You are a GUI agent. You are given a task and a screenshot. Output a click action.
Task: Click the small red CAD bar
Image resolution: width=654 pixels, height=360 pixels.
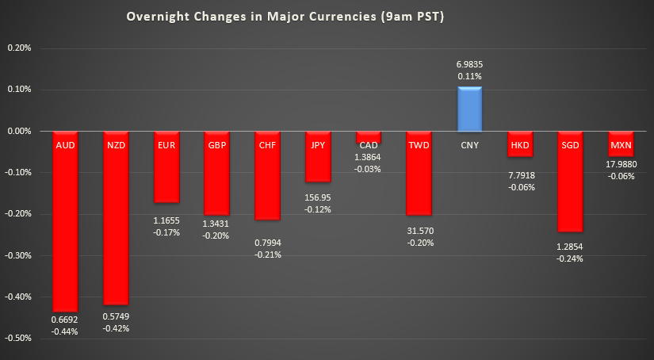tap(368, 137)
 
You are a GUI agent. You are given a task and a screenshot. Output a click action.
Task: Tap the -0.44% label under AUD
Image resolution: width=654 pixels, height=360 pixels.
tap(65, 331)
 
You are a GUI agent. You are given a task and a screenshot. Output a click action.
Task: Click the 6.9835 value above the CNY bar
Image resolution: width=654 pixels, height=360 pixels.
tap(469, 63)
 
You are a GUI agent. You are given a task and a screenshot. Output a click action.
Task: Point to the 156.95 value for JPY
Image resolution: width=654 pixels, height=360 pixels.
tap(318, 197)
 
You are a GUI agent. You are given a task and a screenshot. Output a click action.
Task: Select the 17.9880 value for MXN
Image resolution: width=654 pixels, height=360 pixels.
tap(621, 165)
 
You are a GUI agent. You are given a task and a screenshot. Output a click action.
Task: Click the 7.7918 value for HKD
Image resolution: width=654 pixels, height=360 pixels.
tap(520, 174)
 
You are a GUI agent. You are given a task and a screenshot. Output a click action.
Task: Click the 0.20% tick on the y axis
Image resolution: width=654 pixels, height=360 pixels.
tap(18, 48)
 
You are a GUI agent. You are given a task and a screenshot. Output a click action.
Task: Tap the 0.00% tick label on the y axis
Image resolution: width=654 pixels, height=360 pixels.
tap(18, 131)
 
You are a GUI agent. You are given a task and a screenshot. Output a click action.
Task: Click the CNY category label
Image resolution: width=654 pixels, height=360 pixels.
tap(469, 145)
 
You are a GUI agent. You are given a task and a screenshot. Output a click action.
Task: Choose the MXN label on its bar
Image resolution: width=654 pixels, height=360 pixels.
tap(621, 145)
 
